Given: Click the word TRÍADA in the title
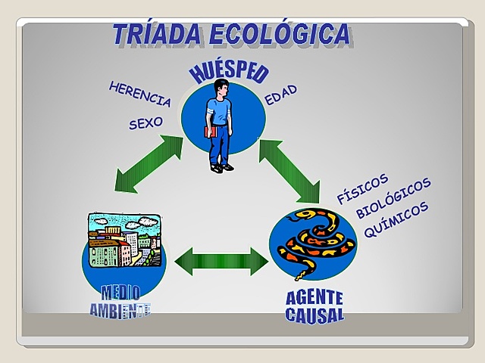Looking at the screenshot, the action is pyautogui.click(x=156, y=34).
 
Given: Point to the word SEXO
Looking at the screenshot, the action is pyautogui.click(x=145, y=122).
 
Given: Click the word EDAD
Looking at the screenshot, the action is pyautogui.click(x=280, y=95).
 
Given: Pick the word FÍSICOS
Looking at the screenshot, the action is pyautogui.click(x=362, y=188).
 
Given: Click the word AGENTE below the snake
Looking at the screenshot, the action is pyautogui.click(x=314, y=297).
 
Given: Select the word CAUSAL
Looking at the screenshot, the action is pyautogui.click(x=314, y=314).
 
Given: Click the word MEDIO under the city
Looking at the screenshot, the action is pyautogui.click(x=120, y=293).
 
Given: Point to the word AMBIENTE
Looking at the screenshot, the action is pyautogui.click(x=120, y=310).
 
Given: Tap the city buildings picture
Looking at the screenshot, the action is pyautogui.click(x=124, y=240).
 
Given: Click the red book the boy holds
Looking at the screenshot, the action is pyautogui.click(x=210, y=132).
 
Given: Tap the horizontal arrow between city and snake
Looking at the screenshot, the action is pyautogui.click(x=221, y=261).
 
